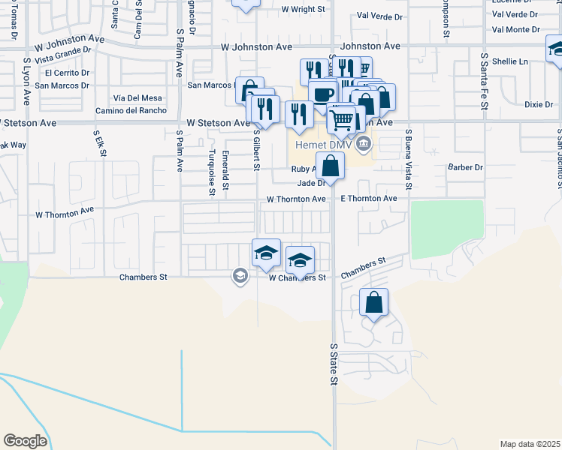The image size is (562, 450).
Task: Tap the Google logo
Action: click(x=25, y=441)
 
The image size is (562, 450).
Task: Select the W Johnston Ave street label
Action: click(x=256, y=46)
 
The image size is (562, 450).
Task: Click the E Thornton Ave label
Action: click(x=368, y=199)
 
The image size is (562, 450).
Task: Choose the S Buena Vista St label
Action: click(x=408, y=159)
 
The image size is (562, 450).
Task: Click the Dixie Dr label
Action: click(x=539, y=104)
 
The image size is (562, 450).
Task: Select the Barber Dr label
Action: click(x=464, y=167)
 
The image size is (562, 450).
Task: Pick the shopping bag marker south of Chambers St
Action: click(x=373, y=303)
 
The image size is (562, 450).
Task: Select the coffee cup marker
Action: click(x=322, y=94)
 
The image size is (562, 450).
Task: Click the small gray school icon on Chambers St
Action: click(x=240, y=276)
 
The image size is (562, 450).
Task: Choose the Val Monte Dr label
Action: click(x=515, y=29)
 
